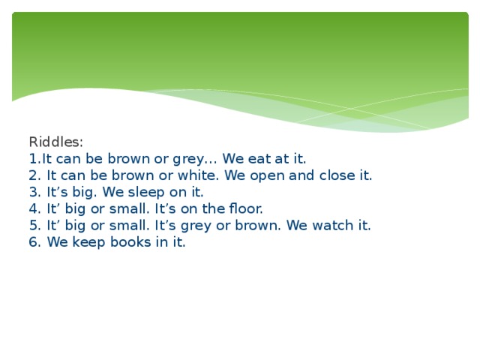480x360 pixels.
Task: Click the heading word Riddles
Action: pos(55,142)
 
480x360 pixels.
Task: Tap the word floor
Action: pos(244,208)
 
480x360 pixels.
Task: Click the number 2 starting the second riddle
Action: pos(33,175)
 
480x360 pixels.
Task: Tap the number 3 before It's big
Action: pos(33,192)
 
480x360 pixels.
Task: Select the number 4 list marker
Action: pos(33,208)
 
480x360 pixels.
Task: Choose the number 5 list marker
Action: pos(33,225)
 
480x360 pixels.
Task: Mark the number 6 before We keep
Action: pos(33,241)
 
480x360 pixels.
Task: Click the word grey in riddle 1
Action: pos(189,159)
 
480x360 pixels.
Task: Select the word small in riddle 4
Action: pos(130,208)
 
